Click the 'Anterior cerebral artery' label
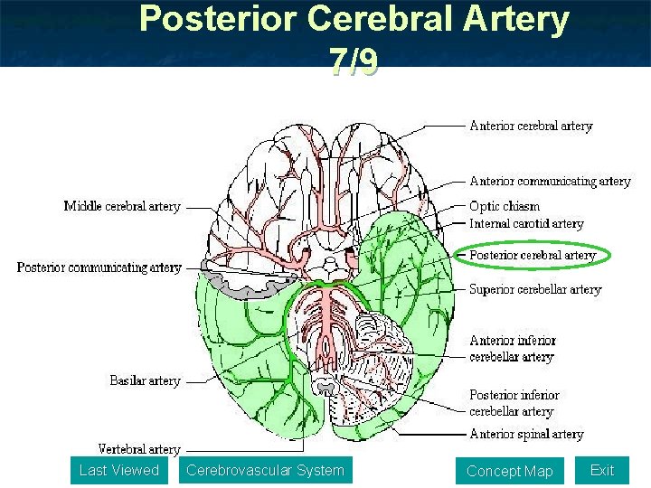click(531, 126)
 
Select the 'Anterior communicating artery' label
click(550, 182)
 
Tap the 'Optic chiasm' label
click(505, 206)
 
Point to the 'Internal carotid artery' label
click(526, 223)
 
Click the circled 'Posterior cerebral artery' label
click(533, 256)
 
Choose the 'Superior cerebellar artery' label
click(535, 290)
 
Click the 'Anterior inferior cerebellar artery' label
click(513, 349)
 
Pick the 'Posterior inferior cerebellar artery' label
click(514, 403)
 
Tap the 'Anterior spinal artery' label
click(526, 435)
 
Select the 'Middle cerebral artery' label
click(122, 206)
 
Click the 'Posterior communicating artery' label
click(99, 267)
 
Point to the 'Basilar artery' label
click(146, 380)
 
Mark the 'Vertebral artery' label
click(139, 449)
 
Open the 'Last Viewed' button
click(118, 470)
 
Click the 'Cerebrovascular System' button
click(265, 470)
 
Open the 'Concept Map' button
click(509, 471)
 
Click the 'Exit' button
click(601, 470)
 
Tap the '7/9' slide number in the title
click(354, 61)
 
